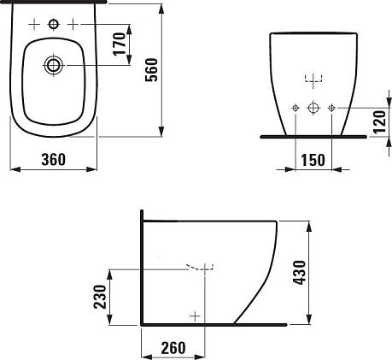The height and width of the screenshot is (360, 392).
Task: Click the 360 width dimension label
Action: point(54,159)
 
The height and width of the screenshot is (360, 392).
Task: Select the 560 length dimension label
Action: point(151,70)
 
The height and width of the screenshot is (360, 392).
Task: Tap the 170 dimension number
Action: point(120,44)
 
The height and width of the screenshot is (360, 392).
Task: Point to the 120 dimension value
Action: point(379,122)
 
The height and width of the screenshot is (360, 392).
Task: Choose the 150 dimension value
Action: point(313,160)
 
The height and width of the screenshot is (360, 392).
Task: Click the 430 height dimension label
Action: point(300,273)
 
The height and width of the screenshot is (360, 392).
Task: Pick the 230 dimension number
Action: point(100,297)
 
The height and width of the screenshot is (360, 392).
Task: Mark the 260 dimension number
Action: point(173,348)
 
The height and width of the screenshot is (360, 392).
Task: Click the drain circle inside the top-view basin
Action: point(53,65)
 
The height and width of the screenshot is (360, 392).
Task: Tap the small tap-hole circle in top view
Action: point(54,24)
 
